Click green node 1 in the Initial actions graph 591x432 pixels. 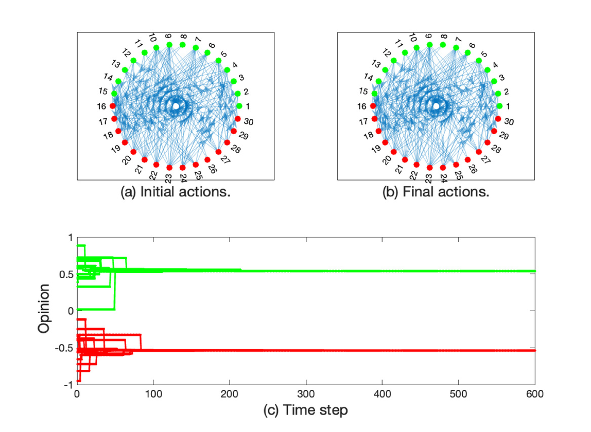tap(239, 106)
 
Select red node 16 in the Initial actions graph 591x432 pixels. tap(113, 106)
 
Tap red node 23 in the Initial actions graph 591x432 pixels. tap(169, 167)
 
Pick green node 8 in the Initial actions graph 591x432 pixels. tap(183, 45)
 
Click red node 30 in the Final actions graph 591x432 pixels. tap(498, 119)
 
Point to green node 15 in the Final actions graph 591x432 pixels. tap(374, 94)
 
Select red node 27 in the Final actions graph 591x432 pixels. tap(479, 152)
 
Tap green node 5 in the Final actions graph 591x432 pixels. tap(479, 61)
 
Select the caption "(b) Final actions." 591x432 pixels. tap(436, 193)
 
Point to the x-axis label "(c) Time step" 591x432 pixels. tap(306, 410)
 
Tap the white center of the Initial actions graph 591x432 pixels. tap(176, 106)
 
